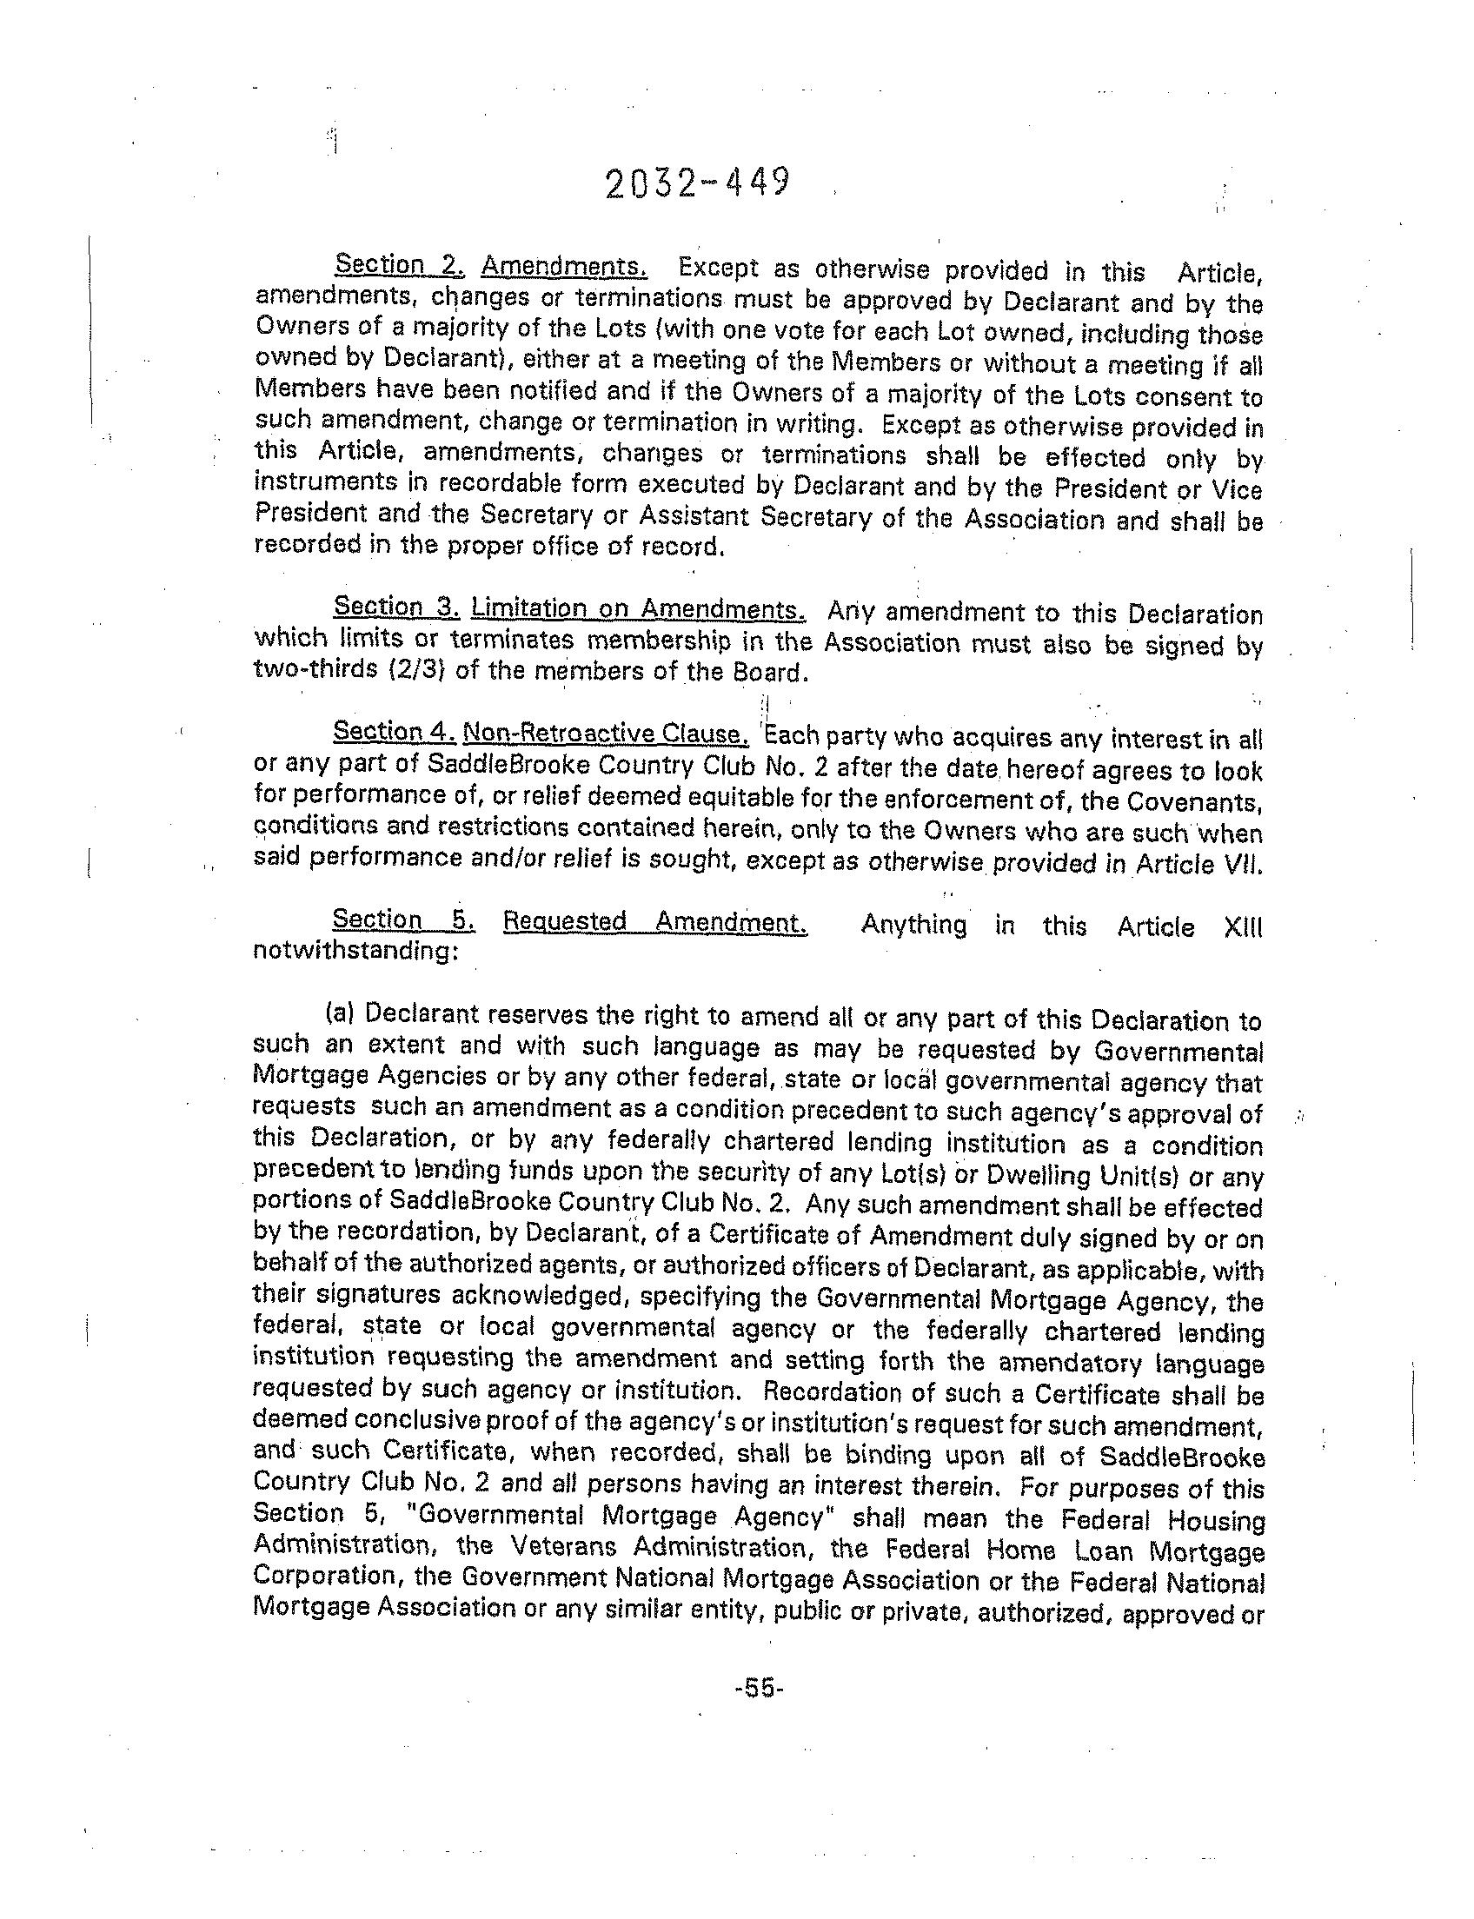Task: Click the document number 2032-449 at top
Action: click(698, 183)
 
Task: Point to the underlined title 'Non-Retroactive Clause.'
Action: click(606, 733)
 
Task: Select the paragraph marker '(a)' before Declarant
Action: click(340, 1013)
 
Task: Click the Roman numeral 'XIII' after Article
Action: click(1242, 926)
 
